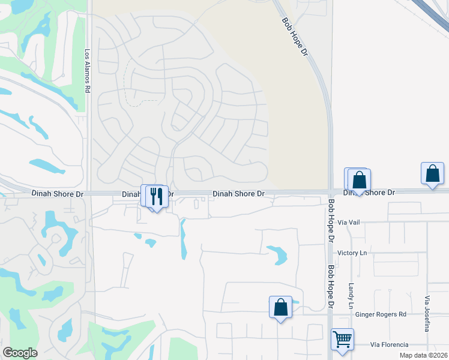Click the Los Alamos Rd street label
click(87, 70)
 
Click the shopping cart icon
click(342, 339)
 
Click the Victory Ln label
click(352, 253)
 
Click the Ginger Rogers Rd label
click(381, 314)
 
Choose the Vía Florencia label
click(389, 344)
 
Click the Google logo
click(20, 353)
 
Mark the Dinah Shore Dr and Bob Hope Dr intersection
click(330, 192)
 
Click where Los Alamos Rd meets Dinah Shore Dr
click(88, 193)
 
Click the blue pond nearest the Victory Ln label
click(277, 254)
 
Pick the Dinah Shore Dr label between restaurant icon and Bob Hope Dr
click(239, 194)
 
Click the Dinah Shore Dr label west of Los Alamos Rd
click(58, 194)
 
